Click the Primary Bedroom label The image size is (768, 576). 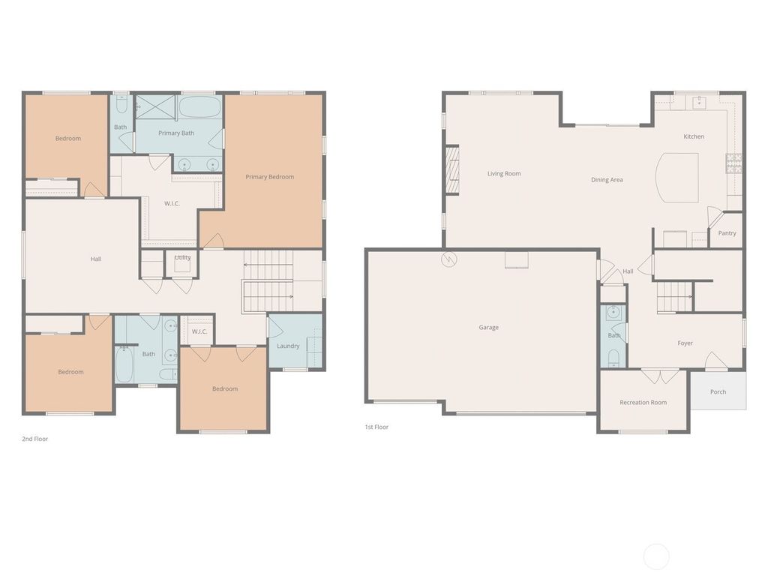[x=270, y=177]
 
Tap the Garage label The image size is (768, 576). [x=489, y=327]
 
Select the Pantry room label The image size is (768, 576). [x=727, y=233]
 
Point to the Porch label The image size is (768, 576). [x=718, y=391]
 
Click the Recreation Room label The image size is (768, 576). [x=643, y=403]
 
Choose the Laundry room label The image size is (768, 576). [x=288, y=346]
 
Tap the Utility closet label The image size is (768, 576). [x=183, y=257]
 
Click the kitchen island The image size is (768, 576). [x=677, y=177]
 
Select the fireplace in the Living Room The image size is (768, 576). [x=452, y=170]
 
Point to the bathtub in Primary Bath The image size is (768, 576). [x=199, y=106]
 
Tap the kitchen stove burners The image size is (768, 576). [x=733, y=163]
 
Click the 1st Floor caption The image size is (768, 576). [x=376, y=427]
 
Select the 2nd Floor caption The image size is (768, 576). [x=34, y=439]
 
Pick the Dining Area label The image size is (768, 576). [x=607, y=180]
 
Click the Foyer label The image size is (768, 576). [x=685, y=343]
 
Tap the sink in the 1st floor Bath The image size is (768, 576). [x=613, y=311]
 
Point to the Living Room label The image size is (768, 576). [x=504, y=173]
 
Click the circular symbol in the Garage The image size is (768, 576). [x=449, y=259]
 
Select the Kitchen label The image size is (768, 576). [x=694, y=136]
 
